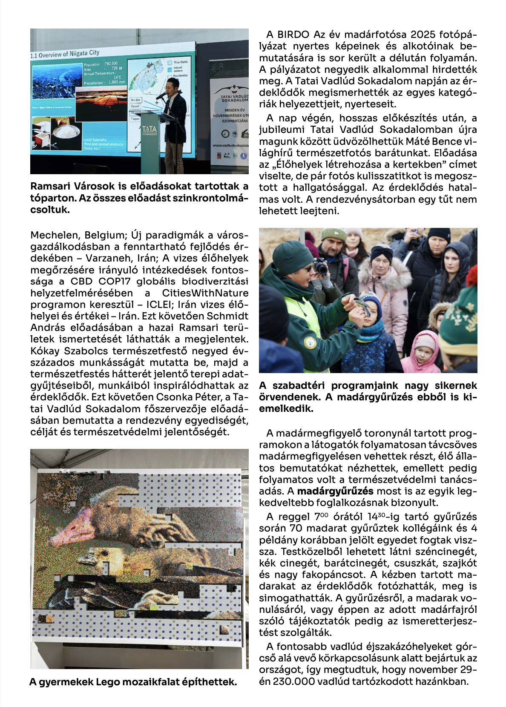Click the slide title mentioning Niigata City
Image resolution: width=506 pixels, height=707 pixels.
tap(65, 54)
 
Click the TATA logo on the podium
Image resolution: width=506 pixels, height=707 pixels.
tap(149, 129)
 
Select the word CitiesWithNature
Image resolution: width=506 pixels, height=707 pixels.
tap(205, 293)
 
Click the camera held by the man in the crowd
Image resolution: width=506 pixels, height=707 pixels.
tap(320, 267)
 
